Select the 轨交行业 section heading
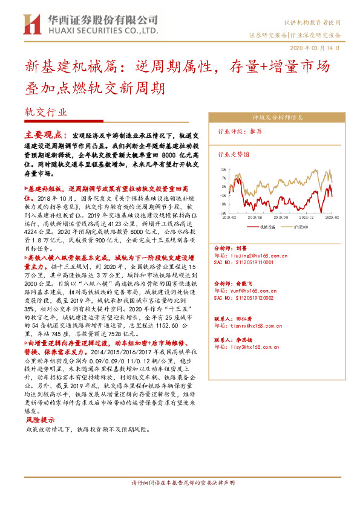tap(45, 112)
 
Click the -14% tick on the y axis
tap(223, 213)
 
